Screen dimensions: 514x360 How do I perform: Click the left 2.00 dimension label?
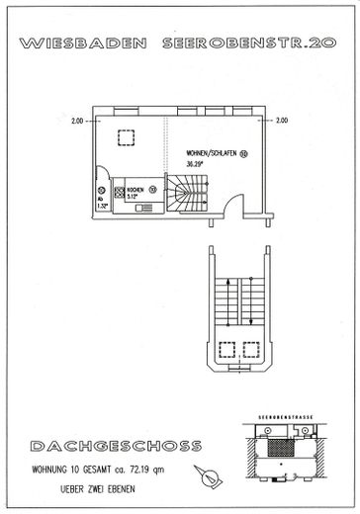click(x=77, y=122)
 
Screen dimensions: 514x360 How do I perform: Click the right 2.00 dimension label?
click(x=282, y=122)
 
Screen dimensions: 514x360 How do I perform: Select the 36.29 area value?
click(x=196, y=165)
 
